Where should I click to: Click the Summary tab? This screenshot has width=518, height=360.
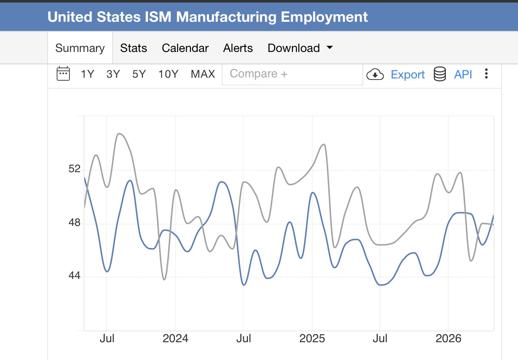pyautogui.click(x=80, y=48)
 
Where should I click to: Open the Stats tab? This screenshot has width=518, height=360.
pyautogui.click(x=134, y=48)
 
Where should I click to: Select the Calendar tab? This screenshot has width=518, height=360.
pyautogui.click(x=185, y=48)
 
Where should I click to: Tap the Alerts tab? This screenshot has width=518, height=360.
pyautogui.click(x=238, y=48)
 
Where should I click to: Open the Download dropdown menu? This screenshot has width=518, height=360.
pyautogui.click(x=300, y=48)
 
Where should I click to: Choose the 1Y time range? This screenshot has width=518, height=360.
pyautogui.click(x=88, y=74)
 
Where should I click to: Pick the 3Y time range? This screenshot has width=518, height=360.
pyautogui.click(x=113, y=74)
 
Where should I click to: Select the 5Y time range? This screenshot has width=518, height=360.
pyautogui.click(x=139, y=74)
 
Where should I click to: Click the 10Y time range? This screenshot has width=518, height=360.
pyautogui.click(x=168, y=74)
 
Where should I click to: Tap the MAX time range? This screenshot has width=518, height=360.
pyautogui.click(x=203, y=74)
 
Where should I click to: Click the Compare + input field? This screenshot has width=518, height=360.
pyautogui.click(x=292, y=74)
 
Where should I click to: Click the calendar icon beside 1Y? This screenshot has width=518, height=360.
pyautogui.click(x=63, y=73)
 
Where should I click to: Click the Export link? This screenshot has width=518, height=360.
pyautogui.click(x=408, y=74)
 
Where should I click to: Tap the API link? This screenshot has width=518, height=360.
pyautogui.click(x=463, y=74)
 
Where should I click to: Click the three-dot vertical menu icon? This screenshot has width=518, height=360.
pyautogui.click(x=486, y=74)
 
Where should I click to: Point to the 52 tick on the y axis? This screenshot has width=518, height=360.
pyautogui.click(x=75, y=169)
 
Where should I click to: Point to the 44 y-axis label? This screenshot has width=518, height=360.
pyautogui.click(x=75, y=275)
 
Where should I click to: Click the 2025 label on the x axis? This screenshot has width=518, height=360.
pyautogui.click(x=312, y=339)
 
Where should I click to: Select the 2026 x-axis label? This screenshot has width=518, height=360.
pyautogui.click(x=449, y=339)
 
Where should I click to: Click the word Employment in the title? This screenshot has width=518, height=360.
pyautogui.click(x=324, y=17)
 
